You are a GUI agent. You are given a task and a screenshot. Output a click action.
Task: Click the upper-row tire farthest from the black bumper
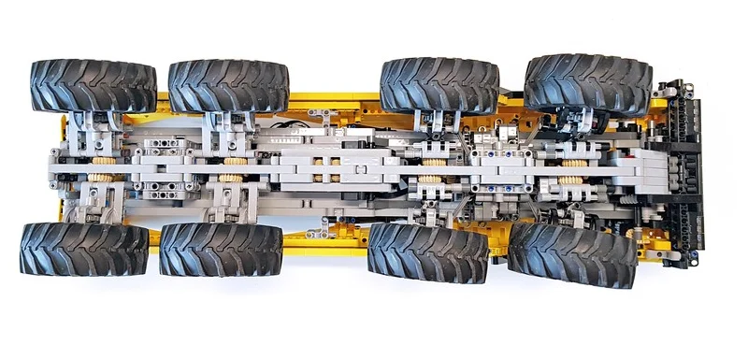pyautogui.click(x=93, y=86)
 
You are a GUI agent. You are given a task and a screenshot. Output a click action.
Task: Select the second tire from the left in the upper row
pyautogui.click(x=229, y=86)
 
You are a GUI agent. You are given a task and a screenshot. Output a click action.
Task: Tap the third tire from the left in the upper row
pyautogui.click(x=439, y=84)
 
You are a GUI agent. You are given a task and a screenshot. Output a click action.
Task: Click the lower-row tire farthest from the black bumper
pyautogui.click(x=84, y=249)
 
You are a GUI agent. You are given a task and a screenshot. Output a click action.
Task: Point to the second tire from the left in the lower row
pyautogui.click(x=221, y=250)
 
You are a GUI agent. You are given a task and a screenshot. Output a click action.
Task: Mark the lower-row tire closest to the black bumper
pyautogui.click(x=572, y=253)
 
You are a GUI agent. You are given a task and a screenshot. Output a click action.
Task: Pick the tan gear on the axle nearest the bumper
pyautogui.click(x=572, y=175)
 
